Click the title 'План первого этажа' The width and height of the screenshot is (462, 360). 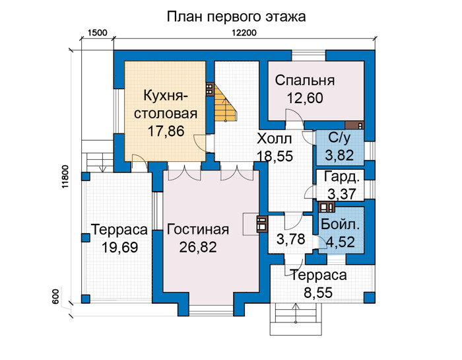236,17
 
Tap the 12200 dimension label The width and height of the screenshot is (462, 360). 244,32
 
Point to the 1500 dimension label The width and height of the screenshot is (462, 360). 97,32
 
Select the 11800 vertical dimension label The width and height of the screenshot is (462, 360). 65,177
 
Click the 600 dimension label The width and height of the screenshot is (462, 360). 57,297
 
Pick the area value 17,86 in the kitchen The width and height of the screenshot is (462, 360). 166,131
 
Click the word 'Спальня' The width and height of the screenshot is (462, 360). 305,81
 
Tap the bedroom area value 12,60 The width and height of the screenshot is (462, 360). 305,98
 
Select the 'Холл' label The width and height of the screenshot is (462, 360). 275,139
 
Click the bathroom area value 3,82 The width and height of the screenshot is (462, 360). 339,155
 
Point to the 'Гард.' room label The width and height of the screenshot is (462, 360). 342,177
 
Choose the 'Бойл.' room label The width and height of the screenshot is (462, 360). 340,225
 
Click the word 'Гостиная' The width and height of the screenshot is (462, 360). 198,229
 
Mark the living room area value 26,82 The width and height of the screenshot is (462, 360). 198,247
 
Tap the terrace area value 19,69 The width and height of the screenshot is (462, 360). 119,247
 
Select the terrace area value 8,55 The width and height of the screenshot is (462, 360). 318,293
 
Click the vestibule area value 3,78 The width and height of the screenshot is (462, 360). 290,239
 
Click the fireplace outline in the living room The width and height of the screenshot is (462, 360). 251,224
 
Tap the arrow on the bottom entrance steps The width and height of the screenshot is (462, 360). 296,313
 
